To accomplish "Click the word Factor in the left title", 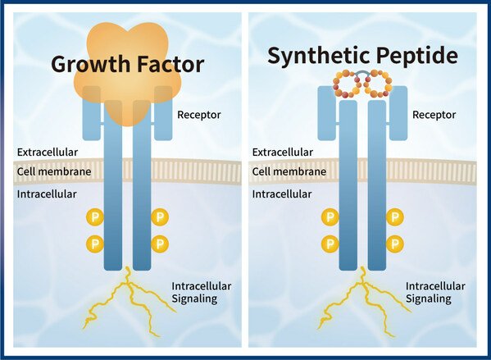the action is [171, 64].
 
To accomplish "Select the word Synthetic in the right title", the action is [318, 55].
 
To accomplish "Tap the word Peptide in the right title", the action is [417, 55].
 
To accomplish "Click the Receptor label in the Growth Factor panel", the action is [199, 115].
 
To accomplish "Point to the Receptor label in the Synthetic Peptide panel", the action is [434, 115].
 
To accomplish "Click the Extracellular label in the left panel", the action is [48, 152].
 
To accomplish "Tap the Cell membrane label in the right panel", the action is [289, 171].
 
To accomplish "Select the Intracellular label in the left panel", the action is [47, 194].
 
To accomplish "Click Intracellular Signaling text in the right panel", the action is [435, 292].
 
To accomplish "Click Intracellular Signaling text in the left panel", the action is [202, 292].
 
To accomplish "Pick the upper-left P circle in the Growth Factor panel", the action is [95, 216].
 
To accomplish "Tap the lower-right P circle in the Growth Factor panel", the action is [160, 244].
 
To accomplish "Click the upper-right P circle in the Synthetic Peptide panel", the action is [395, 216].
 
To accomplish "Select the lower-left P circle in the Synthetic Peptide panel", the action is [330, 244].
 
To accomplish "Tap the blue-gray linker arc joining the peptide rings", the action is [362, 72].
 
